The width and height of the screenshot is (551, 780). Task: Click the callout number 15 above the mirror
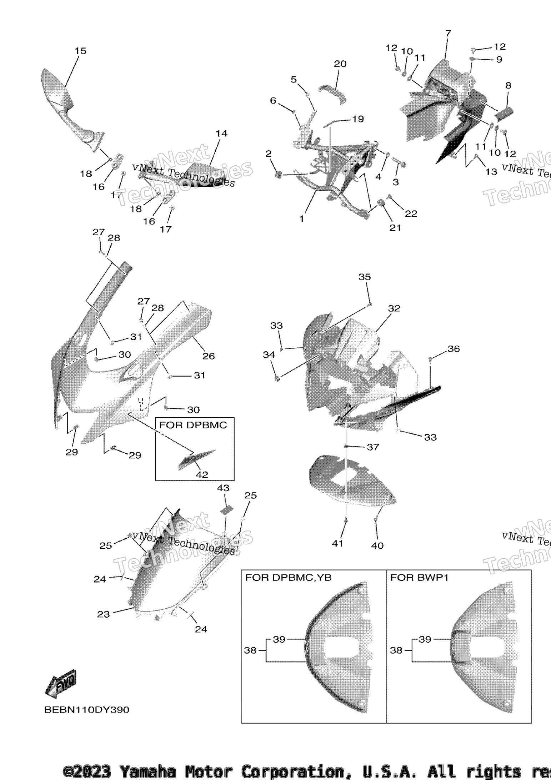click(x=80, y=51)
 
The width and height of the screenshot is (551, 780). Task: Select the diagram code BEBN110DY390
click(x=86, y=710)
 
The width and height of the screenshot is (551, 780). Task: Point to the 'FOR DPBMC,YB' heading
click(x=288, y=577)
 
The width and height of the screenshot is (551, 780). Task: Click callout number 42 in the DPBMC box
click(x=202, y=474)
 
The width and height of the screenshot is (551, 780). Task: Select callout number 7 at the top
click(x=448, y=33)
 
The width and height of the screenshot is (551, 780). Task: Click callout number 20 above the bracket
click(x=340, y=64)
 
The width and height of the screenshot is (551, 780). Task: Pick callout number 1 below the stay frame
click(x=302, y=218)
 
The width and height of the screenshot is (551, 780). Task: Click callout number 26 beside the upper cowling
click(x=209, y=356)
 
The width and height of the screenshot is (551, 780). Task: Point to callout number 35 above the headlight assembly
click(x=365, y=277)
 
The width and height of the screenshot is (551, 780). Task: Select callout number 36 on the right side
click(x=454, y=348)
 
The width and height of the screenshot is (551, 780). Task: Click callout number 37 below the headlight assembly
click(x=373, y=447)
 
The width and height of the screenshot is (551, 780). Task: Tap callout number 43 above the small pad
click(x=223, y=488)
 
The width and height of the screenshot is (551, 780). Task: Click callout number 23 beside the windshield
click(x=103, y=614)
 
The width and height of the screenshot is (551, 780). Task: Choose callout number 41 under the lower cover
click(x=337, y=543)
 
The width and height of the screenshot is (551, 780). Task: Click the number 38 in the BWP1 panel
click(x=396, y=650)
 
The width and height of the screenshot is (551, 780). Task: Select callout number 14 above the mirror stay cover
click(x=221, y=133)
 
